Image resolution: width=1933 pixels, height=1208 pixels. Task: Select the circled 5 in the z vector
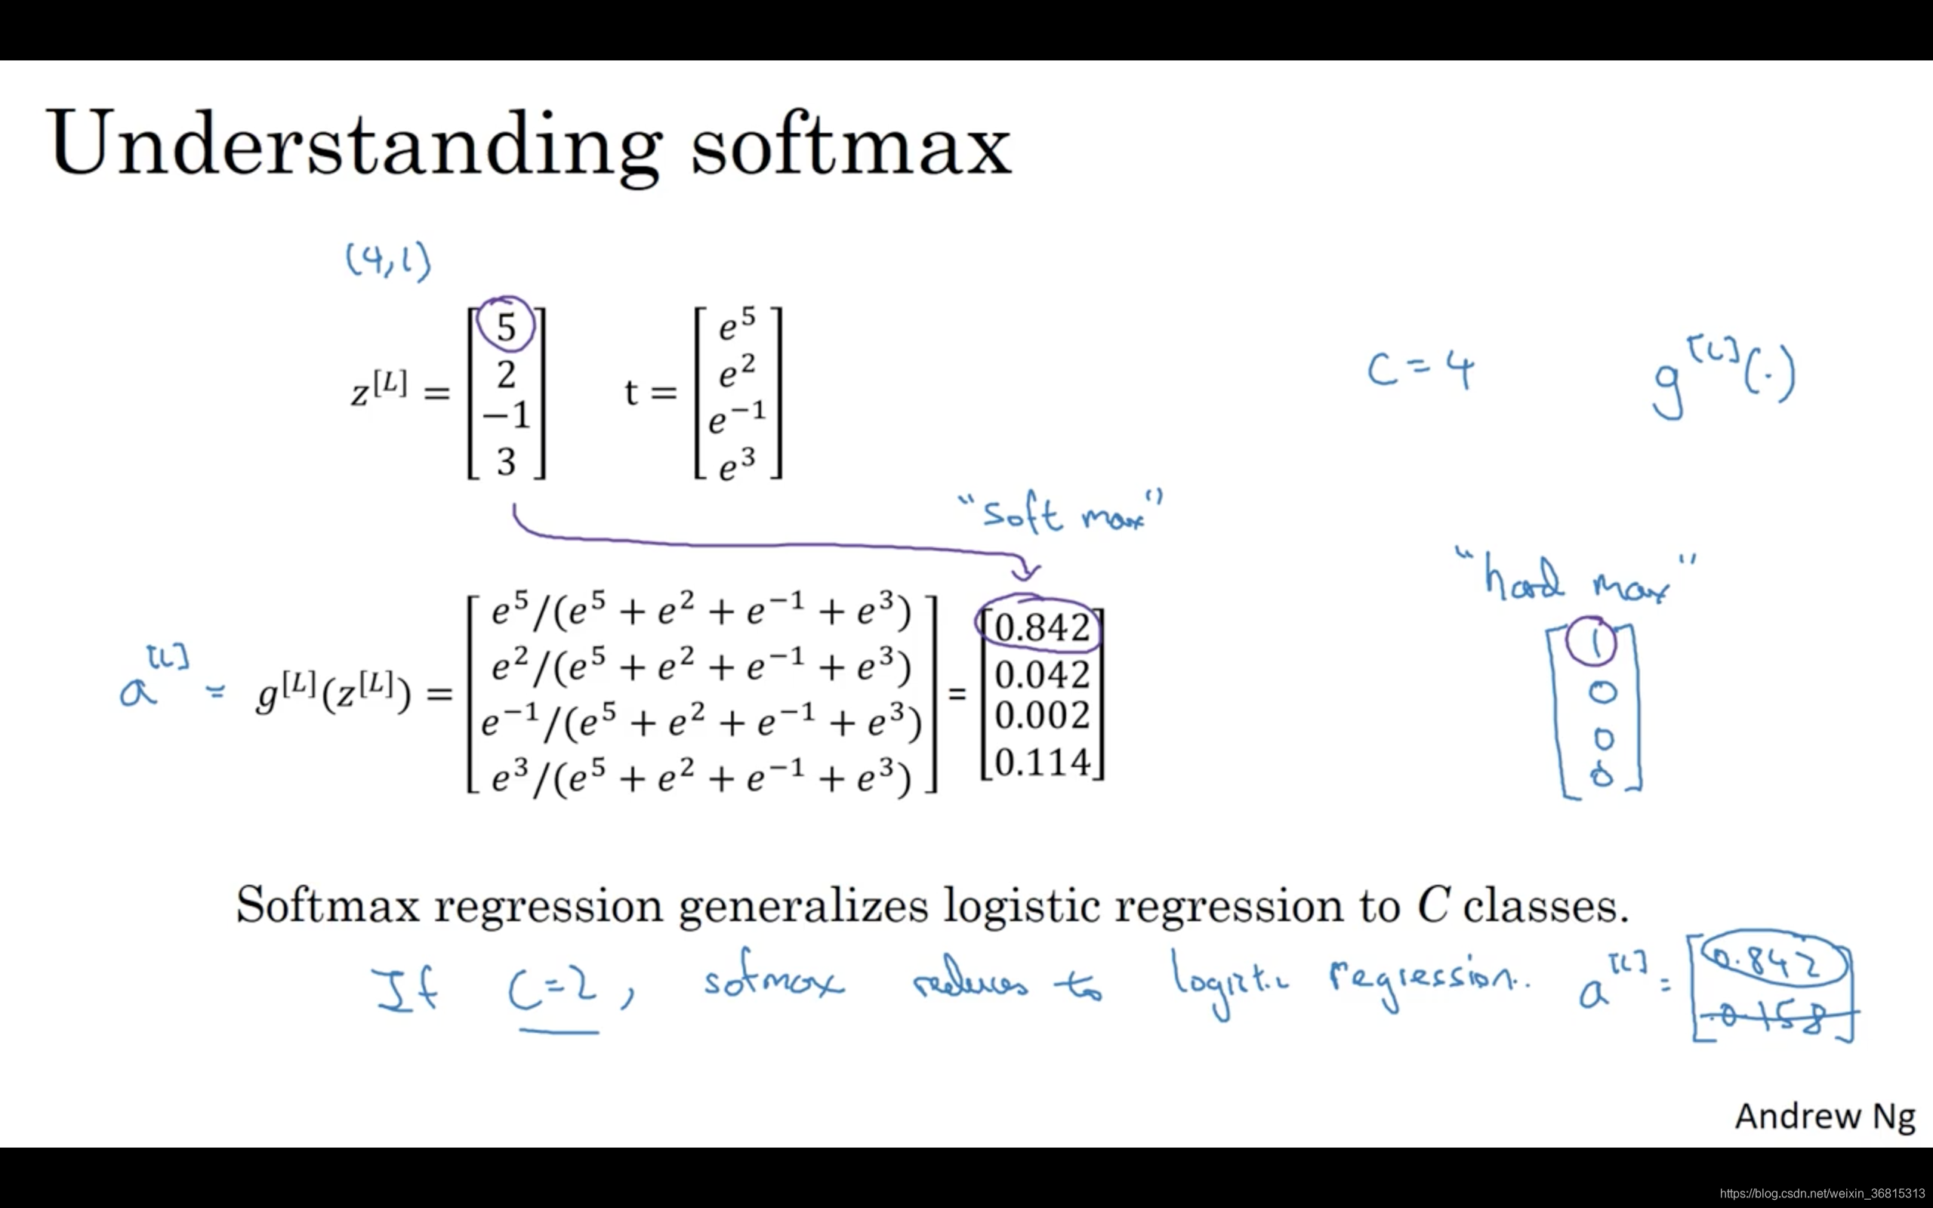click(x=506, y=326)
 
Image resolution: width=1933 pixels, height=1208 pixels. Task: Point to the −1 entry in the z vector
click(x=507, y=415)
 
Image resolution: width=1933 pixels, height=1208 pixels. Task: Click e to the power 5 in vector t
click(x=736, y=325)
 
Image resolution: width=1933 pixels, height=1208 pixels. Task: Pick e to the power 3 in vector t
click(x=736, y=464)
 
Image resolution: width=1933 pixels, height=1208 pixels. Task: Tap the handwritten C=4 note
click(x=1421, y=371)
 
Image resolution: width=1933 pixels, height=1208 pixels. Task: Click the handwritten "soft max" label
click(x=1061, y=513)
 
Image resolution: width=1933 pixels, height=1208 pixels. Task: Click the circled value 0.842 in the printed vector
click(x=1041, y=628)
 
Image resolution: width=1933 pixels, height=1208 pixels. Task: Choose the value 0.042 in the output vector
click(x=1041, y=675)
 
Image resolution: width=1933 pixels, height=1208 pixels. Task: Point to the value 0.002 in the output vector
click(x=1041, y=716)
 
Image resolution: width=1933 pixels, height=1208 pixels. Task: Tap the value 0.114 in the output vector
click(x=1041, y=763)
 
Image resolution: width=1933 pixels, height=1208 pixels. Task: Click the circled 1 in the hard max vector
click(x=1592, y=643)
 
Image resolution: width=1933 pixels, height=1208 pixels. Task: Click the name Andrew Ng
click(x=1825, y=1117)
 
